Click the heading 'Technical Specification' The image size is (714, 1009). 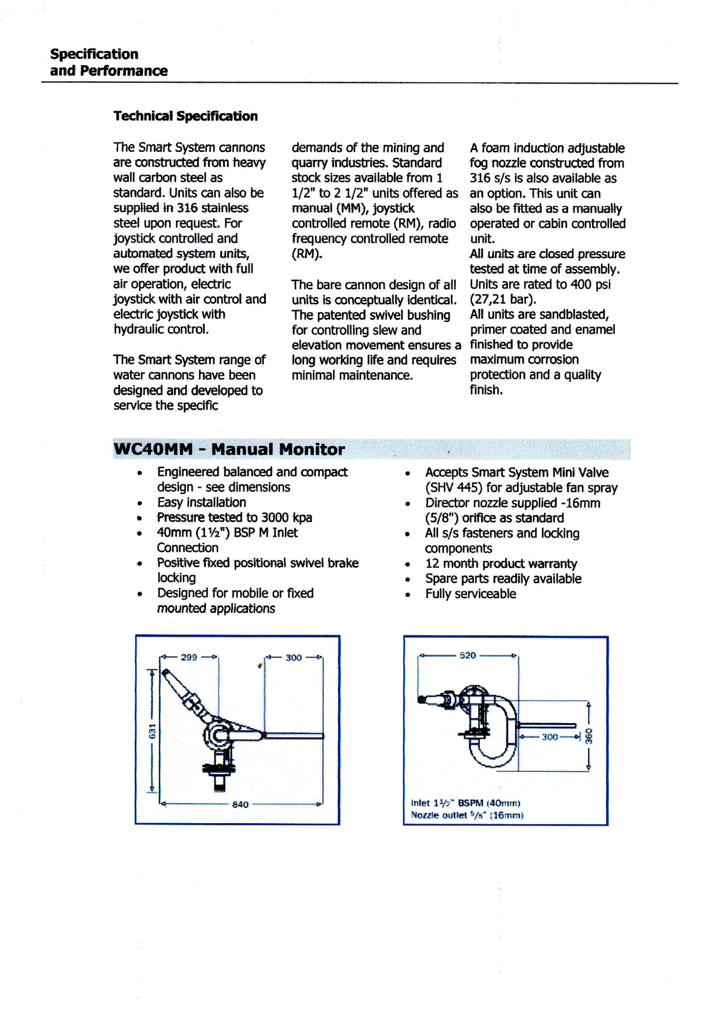coord(186,116)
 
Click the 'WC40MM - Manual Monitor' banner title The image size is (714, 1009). coord(229,449)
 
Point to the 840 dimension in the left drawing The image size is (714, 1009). coord(240,804)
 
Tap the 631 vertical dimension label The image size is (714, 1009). coord(152,732)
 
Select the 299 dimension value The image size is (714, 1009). coord(189,657)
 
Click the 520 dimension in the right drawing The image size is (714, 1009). coord(467,655)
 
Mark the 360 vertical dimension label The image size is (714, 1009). coord(589,736)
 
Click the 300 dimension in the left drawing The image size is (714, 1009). coord(293,657)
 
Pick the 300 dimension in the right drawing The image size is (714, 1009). coord(550,737)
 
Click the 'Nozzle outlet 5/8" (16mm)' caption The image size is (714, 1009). coord(467,815)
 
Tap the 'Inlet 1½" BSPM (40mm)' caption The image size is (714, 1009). coord(466,803)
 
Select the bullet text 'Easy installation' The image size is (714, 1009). coord(202,502)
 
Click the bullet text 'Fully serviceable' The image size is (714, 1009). coord(470,594)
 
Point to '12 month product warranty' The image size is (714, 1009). coord(501,563)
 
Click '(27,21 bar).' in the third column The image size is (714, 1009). coord(503,299)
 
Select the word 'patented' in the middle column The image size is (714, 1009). coord(340,315)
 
